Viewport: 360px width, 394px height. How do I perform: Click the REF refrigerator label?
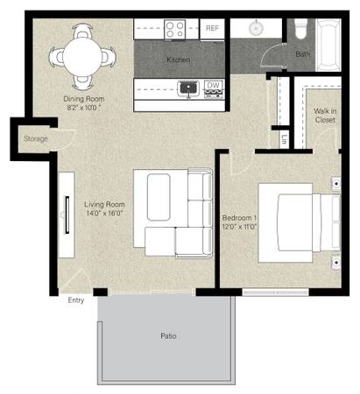click(212, 28)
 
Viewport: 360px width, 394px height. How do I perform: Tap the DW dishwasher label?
click(213, 86)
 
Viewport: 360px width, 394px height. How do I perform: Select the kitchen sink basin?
click(188, 88)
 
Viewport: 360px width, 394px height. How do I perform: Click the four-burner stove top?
click(175, 30)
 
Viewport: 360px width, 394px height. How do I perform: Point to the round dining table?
click(82, 57)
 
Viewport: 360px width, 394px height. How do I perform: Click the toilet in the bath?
click(301, 28)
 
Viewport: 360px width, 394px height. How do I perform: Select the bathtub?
click(328, 45)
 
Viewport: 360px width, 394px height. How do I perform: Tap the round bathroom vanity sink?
click(256, 28)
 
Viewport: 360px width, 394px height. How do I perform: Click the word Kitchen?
click(179, 60)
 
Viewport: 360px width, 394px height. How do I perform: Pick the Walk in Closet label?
click(325, 116)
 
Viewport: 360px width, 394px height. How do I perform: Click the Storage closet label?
click(36, 138)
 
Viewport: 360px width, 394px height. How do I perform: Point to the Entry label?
click(76, 300)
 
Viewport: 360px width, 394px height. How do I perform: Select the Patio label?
click(168, 336)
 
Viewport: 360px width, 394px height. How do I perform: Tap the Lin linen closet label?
click(284, 139)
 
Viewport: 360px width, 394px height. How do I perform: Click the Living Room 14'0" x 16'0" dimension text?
click(104, 214)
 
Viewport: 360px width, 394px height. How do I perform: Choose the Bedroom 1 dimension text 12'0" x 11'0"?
click(239, 227)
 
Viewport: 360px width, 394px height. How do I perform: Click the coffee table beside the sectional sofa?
click(159, 197)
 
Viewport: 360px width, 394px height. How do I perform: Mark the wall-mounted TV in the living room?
click(67, 215)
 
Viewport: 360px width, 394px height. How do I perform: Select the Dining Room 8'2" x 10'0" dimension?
click(84, 108)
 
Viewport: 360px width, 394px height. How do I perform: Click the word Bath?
click(302, 54)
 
